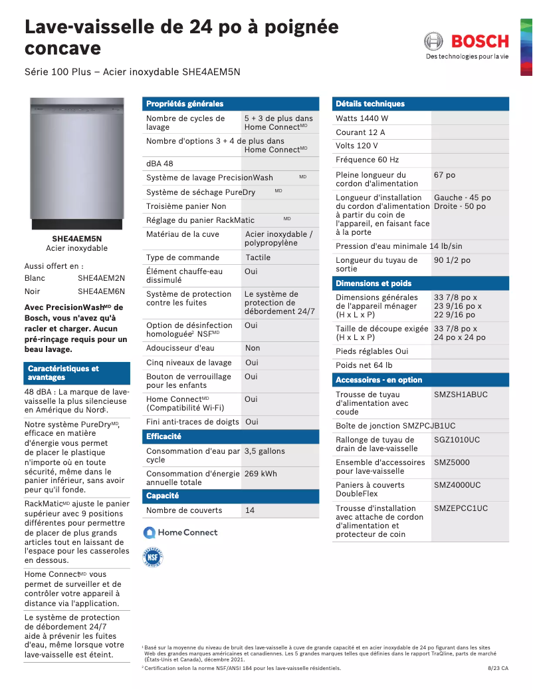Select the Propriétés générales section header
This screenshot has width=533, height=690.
(x=185, y=104)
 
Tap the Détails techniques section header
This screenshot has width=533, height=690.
(x=370, y=104)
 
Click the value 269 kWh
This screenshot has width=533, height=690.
(x=261, y=474)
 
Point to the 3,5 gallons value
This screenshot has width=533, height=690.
(x=265, y=451)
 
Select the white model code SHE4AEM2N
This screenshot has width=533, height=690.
(x=101, y=278)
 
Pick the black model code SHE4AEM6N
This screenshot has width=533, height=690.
(x=101, y=291)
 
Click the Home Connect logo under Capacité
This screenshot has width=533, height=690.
(x=181, y=532)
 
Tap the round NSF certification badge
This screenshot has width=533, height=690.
(x=153, y=557)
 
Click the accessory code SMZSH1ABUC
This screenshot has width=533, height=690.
(x=461, y=395)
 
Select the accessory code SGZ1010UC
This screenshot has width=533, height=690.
(x=457, y=440)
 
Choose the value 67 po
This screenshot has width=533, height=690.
(x=445, y=175)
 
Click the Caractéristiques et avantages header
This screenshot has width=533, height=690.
(x=63, y=373)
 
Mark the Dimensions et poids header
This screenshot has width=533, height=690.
(x=373, y=283)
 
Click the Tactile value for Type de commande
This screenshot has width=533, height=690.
(x=258, y=258)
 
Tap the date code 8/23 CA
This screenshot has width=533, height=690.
(x=498, y=668)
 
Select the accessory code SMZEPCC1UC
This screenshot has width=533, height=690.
(x=461, y=508)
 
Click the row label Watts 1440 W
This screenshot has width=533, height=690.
(x=362, y=118)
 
